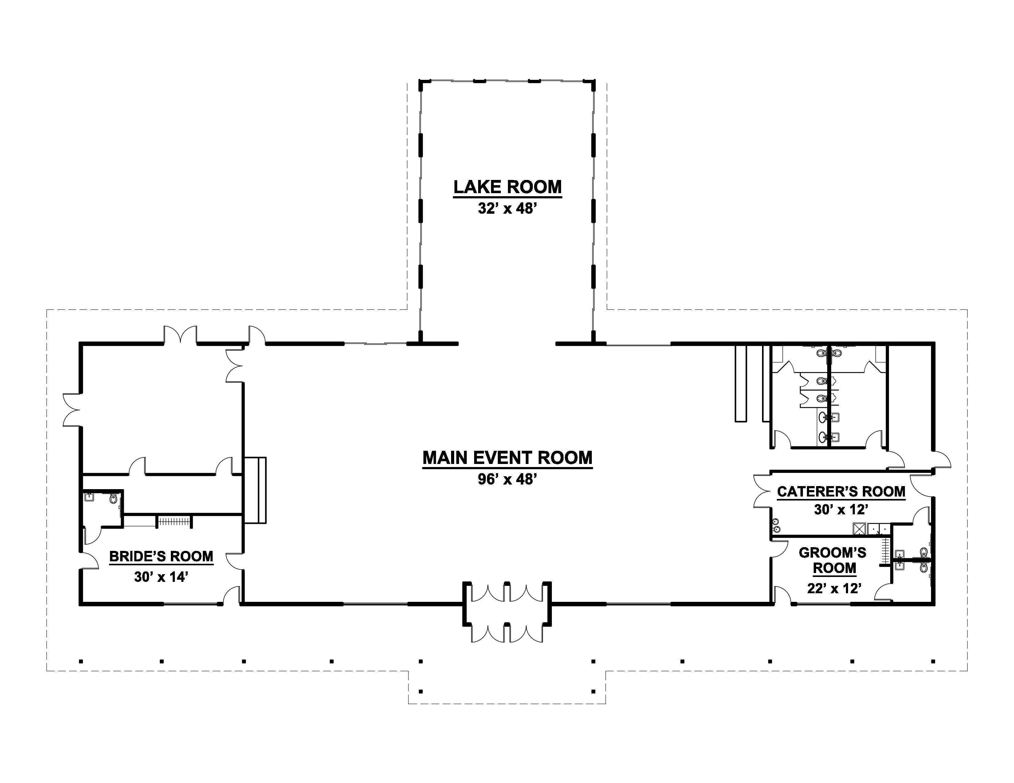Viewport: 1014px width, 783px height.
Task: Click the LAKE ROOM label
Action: [508, 187]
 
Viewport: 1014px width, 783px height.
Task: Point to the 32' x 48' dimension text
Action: [508, 209]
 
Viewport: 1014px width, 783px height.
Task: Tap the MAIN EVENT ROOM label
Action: [508, 458]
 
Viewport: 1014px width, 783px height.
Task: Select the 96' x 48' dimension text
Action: [508, 479]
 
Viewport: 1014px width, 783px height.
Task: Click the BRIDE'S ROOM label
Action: [161, 556]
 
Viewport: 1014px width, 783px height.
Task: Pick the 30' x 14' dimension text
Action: [161, 577]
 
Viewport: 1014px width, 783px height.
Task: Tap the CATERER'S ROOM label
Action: [841, 492]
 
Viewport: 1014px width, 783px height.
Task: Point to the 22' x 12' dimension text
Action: [834, 589]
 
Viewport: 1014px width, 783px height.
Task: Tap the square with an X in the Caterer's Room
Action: [859, 529]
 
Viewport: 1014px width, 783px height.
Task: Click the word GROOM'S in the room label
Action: [832, 552]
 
